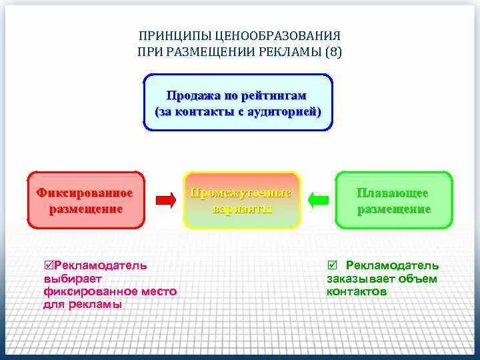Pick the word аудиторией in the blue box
point(282,111)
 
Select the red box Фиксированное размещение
point(85,200)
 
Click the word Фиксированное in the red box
point(85,193)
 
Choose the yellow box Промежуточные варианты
point(241,200)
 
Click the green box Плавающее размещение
point(393,200)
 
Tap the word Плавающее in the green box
point(393,193)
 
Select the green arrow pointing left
point(319,199)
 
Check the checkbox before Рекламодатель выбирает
point(47,265)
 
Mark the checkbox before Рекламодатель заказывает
point(333,265)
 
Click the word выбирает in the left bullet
point(72,279)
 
